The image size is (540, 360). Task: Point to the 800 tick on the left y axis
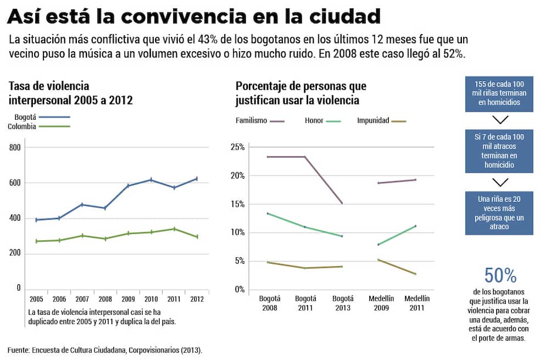click(15, 147)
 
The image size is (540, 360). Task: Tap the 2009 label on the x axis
click(128, 299)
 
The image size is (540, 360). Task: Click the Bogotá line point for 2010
click(151, 180)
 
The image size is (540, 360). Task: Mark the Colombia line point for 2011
click(174, 229)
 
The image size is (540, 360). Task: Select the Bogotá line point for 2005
click(36, 220)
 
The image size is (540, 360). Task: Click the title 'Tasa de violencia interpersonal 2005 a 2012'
click(70, 93)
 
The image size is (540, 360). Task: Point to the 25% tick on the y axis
click(238, 147)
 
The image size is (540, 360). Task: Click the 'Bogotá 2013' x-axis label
click(342, 303)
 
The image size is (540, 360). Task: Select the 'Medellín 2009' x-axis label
click(381, 303)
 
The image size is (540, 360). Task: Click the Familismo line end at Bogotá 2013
click(342, 204)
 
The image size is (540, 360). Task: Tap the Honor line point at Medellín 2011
click(416, 226)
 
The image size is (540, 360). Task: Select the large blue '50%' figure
click(500, 275)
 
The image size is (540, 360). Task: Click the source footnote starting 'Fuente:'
click(105, 350)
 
